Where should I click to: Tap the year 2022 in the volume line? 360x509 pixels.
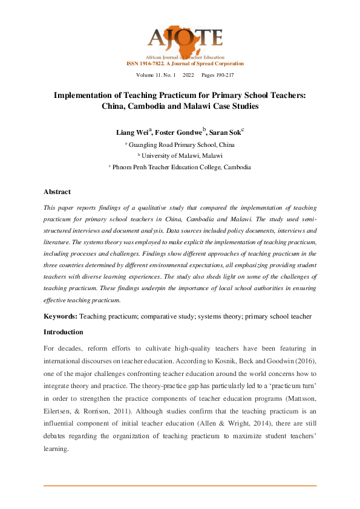(x=188, y=75)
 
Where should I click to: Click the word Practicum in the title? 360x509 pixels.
(x=194, y=95)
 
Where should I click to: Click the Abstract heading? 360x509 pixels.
(x=57, y=192)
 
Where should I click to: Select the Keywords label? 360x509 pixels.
(x=60, y=316)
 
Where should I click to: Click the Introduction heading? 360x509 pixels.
(x=64, y=332)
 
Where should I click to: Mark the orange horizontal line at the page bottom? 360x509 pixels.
(x=180, y=485)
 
